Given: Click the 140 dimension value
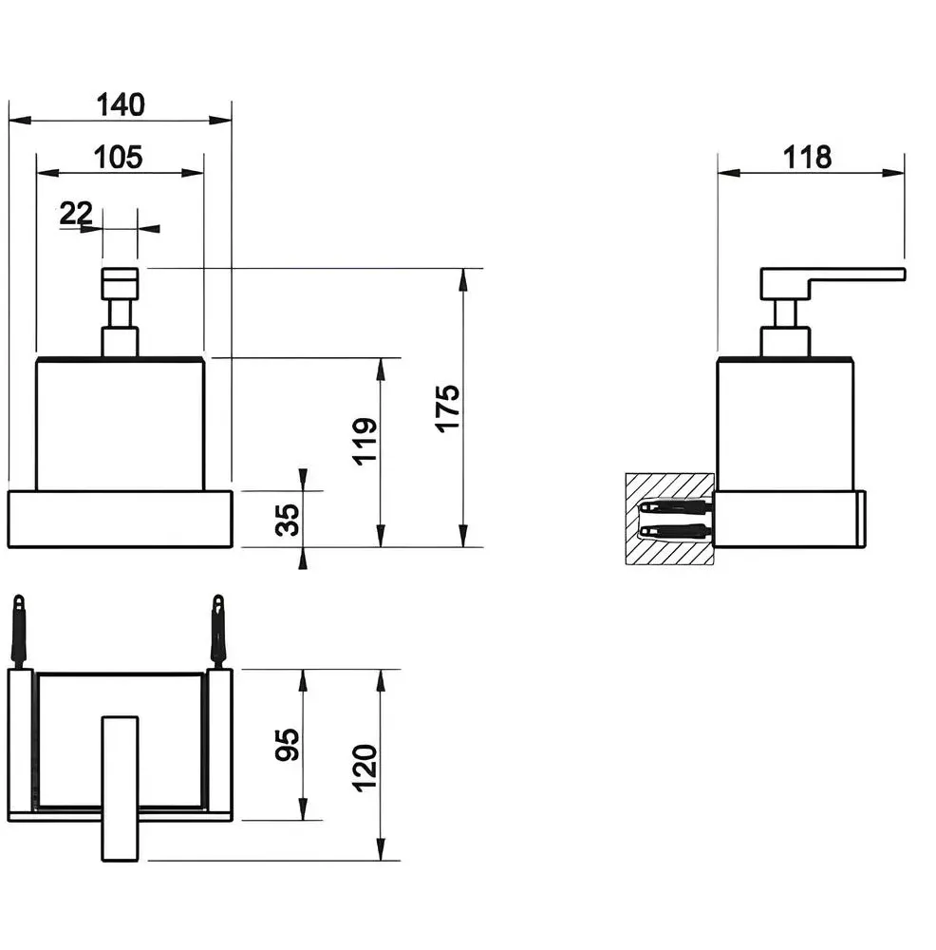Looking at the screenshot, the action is click(x=121, y=104).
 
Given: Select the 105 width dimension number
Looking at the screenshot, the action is click(x=118, y=157).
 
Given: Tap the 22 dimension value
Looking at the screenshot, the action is click(x=76, y=213).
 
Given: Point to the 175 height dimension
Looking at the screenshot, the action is click(x=447, y=408).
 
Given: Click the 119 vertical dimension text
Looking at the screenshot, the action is click(x=365, y=441).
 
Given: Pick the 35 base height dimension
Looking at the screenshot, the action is click(x=287, y=520).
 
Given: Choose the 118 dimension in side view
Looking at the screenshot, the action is click(x=807, y=157).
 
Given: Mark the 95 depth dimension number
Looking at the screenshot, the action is click(x=287, y=745).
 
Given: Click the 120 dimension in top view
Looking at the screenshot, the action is click(x=365, y=769).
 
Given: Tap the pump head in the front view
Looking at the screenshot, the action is click(x=120, y=283).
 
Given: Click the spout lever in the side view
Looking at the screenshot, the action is click(x=833, y=282).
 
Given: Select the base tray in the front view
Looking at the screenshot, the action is click(x=120, y=520).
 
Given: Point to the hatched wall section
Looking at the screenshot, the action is click(x=669, y=520).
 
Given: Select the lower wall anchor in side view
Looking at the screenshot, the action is click(x=676, y=532).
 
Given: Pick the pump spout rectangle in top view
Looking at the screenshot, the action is click(x=120, y=788).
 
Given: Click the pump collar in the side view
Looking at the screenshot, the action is click(x=785, y=342).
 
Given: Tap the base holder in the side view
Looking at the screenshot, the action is click(x=790, y=520).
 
